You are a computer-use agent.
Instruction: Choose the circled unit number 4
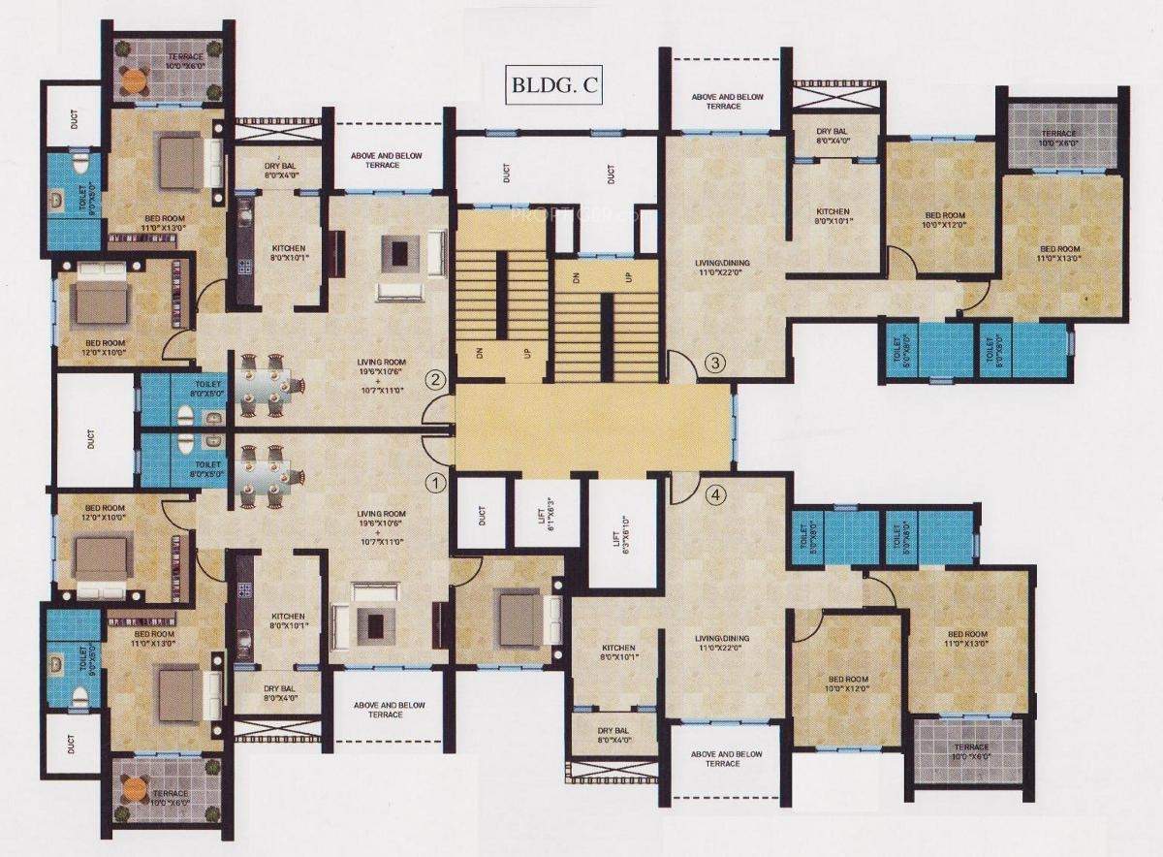click(715, 495)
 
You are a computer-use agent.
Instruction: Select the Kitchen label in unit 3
click(832, 217)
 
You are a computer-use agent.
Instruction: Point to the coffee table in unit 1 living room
click(367, 619)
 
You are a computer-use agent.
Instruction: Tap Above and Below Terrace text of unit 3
click(722, 101)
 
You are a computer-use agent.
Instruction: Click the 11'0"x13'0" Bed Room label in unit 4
click(966, 638)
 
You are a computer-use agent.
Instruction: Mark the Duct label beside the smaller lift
click(483, 517)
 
